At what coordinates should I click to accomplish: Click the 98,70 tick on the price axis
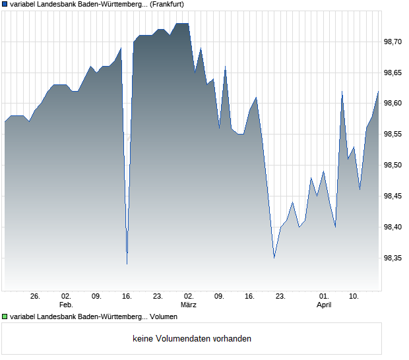click(x=394, y=42)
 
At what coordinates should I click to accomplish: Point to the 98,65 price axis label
click(x=394, y=73)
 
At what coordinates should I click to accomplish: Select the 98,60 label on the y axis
click(x=394, y=104)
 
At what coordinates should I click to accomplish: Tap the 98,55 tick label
click(x=394, y=135)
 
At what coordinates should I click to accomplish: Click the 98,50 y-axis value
click(x=394, y=165)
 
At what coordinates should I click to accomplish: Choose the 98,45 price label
click(x=394, y=196)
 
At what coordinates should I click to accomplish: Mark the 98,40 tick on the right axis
click(x=394, y=227)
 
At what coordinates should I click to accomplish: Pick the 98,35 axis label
click(x=394, y=258)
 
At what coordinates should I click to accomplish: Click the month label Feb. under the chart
click(x=66, y=305)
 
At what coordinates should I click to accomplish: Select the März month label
click(x=189, y=305)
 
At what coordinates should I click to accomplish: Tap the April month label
click(x=324, y=305)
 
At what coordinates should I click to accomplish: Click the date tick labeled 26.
click(x=36, y=297)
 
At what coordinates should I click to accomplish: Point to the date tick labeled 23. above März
click(x=158, y=297)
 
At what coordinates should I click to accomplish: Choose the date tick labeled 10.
click(x=354, y=297)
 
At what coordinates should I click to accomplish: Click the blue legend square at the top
click(x=5, y=4)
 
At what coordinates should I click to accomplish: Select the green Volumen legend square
click(x=5, y=316)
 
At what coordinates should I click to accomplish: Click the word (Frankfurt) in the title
click(x=167, y=4)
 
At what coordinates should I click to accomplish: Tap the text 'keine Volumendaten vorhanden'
click(x=192, y=339)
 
